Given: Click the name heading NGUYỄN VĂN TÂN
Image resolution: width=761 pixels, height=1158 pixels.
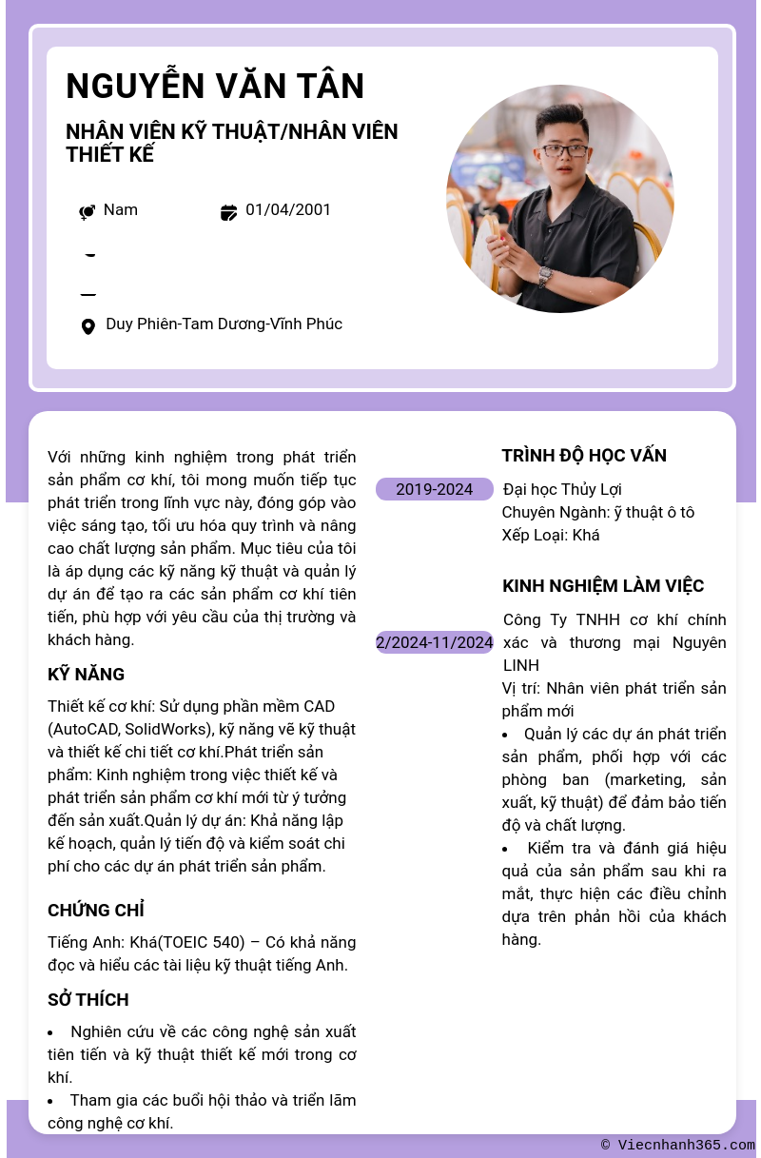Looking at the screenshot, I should (x=215, y=87).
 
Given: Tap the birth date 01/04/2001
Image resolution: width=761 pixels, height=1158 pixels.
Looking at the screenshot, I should (x=288, y=209).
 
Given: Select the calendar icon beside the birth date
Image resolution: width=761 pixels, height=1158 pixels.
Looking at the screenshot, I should (x=228, y=212).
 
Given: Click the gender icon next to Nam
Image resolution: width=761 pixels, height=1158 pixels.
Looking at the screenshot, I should (x=87, y=212).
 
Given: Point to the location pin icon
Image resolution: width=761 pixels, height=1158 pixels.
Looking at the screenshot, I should (x=88, y=327).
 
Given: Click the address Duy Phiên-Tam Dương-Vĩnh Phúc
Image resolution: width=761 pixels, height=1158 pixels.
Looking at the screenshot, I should (x=224, y=324).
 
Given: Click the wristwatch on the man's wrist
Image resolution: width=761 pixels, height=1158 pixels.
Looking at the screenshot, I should (x=545, y=276).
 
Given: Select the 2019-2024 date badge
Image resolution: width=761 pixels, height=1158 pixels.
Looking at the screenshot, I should (x=434, y=489).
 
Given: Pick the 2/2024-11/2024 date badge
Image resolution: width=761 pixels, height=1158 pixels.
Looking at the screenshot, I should (x=434, y=642).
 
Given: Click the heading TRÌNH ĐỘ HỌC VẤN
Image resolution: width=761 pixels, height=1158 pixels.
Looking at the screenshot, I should (x=584, y=456).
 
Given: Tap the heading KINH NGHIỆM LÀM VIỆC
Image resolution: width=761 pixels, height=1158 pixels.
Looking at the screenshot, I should (x=603, y=586).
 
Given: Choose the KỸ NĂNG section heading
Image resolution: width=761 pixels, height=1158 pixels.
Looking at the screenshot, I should (x=86, y=675).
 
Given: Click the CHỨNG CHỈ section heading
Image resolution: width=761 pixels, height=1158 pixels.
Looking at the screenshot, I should (x=96, y=911).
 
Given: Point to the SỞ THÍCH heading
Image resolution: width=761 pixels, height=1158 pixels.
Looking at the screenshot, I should (x=88, y=1000).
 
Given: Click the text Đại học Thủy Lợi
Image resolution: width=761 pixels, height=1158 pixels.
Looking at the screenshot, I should (x=562, y=489).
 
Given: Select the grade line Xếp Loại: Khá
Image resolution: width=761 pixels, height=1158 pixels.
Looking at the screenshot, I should (x=551, y=535).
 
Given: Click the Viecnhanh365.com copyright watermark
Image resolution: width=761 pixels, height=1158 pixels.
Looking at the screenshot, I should (x=677, y=1146).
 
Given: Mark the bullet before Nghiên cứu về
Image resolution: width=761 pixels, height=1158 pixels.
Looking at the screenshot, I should (x=51, y=1032).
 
